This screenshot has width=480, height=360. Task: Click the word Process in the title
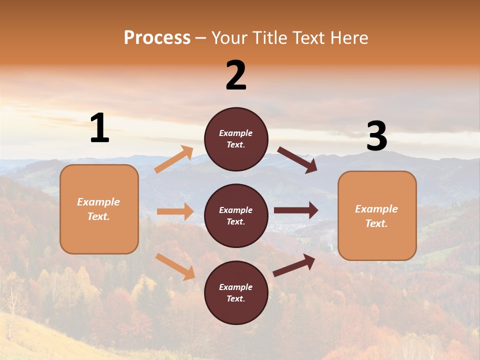pos(157,38)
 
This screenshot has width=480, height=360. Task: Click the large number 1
pos(99,128)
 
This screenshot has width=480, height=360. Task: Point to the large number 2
pos(236,75)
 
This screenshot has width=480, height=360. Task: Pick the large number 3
pos(376,136)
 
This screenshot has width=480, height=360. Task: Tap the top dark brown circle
pos(236,139)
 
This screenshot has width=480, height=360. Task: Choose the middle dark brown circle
pos(236,215)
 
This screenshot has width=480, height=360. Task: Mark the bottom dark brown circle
pos(236,292)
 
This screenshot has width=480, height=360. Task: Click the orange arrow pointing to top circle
pos(174,159)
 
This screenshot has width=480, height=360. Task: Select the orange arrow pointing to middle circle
pos(175,211)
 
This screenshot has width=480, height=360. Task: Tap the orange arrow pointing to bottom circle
pos(175,266)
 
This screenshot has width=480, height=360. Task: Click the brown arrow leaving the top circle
pos(297,159)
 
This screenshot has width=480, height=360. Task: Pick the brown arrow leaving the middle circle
pos(296,210)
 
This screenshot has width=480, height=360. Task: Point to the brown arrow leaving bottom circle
pos(294,265)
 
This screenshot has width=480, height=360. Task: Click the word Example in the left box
pos(98,202)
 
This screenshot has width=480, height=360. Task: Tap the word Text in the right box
pos(376,223)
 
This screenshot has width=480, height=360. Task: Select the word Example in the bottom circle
pos(236,287)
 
